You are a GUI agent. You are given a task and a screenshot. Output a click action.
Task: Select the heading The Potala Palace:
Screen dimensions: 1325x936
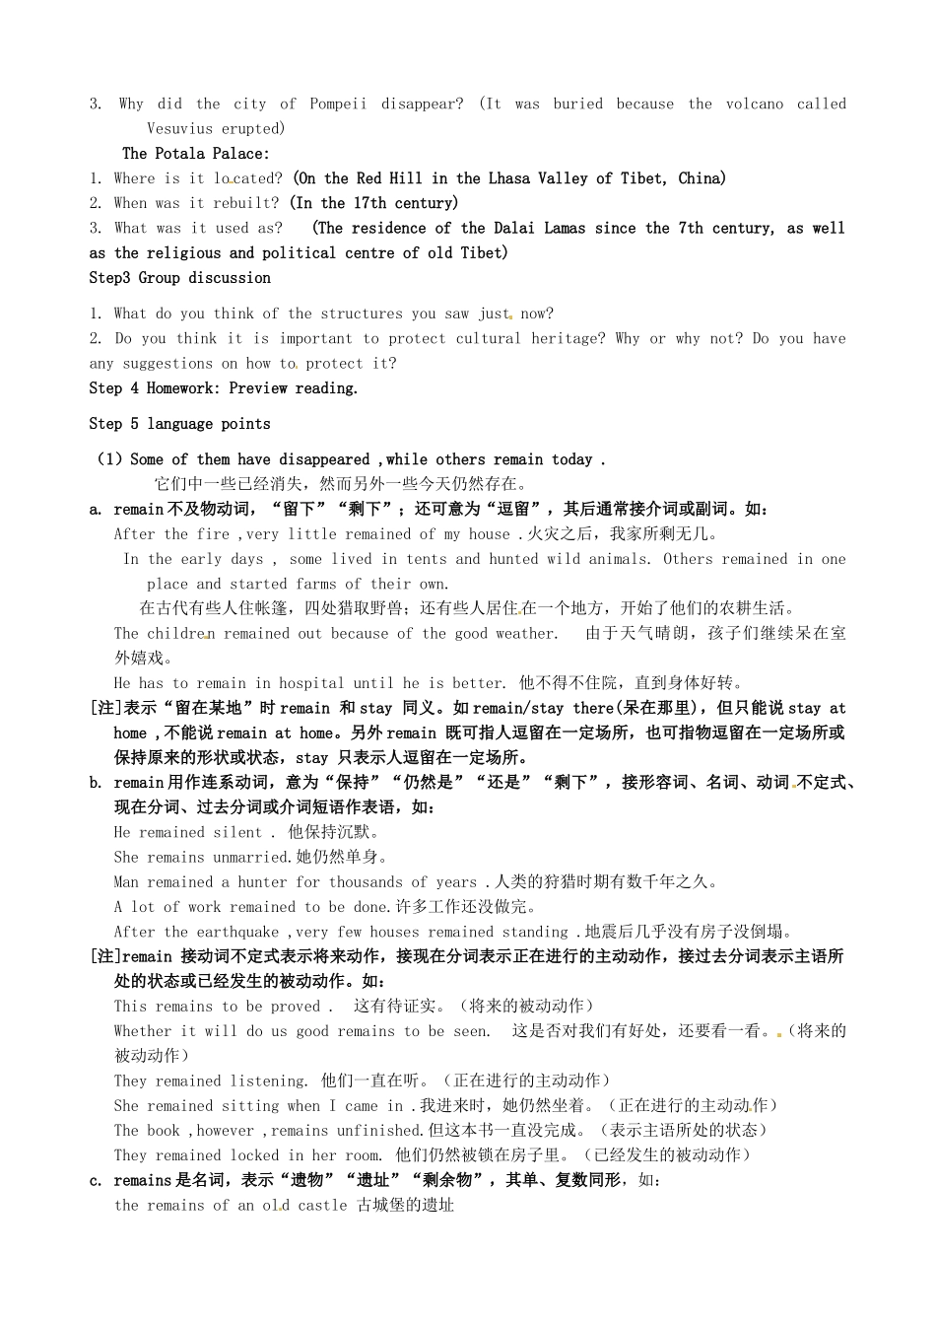click(195, 153)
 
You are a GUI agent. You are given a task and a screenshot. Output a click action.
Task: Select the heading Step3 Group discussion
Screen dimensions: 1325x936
click(179, 278)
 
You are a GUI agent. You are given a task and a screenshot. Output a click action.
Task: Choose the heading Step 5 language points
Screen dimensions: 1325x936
click(179, 424)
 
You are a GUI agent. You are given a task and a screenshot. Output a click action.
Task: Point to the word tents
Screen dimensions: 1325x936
click(427, 559)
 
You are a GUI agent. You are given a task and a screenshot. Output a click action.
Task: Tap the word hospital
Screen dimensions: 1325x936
click(311, 683)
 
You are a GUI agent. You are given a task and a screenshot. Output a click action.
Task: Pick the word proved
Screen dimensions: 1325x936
click(295, 1007)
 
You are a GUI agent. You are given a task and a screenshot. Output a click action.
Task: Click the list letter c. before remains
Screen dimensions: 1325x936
click(96, 1180)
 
